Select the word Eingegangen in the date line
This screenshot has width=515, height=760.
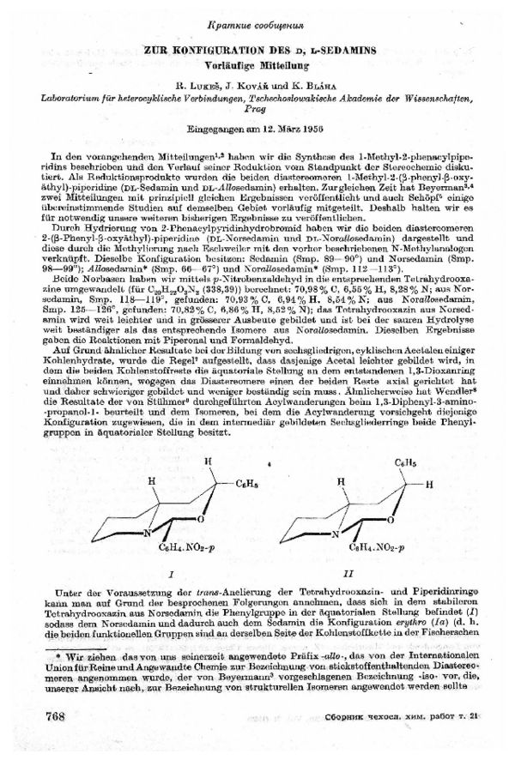click(x=219, y=130)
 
